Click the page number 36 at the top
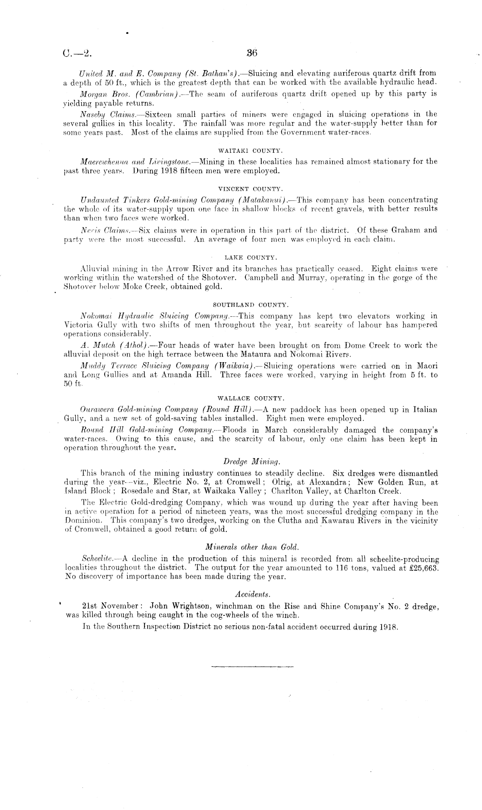click(252, 53)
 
